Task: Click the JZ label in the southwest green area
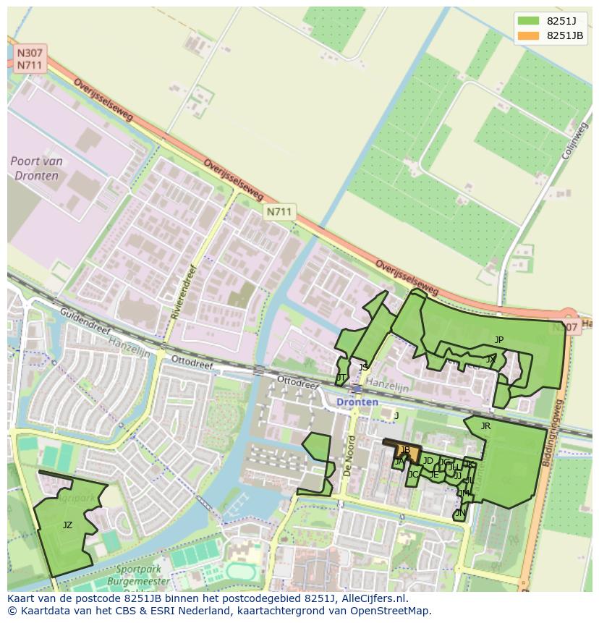click(67, 525)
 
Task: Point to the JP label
click(499, 339)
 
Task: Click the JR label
click(485, 426)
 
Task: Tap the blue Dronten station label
click(357, 402)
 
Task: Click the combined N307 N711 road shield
click(30, 59)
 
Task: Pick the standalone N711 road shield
click(279, 211)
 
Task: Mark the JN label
click(460, 512)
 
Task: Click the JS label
click(363, 367)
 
